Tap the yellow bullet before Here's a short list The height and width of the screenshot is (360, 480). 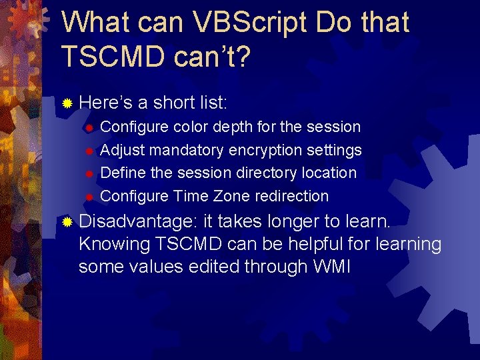pos(67,103)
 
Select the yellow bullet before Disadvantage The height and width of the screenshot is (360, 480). pos(67,221)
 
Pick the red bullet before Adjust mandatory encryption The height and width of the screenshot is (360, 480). pos(89,151)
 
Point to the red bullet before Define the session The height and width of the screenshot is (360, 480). pos(89,173)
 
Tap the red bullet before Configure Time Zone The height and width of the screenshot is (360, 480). pos(89,197)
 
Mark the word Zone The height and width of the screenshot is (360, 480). pos(232,196)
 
